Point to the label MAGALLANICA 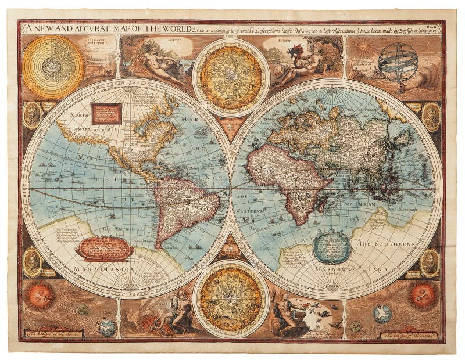coord(97,269)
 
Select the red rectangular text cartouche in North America coord(106,114)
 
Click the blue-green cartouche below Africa coord(331,246)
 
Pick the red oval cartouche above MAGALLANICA coord(105,248)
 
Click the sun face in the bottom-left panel coord(40,296)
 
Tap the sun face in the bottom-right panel coord(423,295)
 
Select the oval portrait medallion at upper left coord(33,115)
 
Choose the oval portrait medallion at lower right coord(430,262)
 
